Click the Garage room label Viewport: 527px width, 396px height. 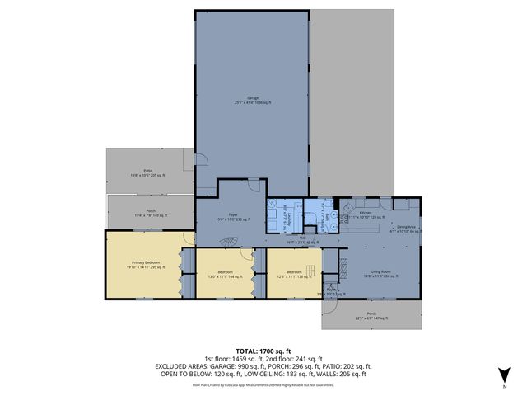point(252,100)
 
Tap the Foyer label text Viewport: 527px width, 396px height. point(233,217)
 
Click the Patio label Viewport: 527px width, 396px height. point(147,172)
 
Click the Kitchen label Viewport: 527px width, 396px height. point(366,213)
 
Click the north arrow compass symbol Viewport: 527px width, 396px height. point(504,374)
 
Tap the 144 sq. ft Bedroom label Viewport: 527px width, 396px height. point(226,274)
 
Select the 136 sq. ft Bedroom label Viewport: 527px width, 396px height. point(295,274)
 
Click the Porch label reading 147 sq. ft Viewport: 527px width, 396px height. point(371,315)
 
